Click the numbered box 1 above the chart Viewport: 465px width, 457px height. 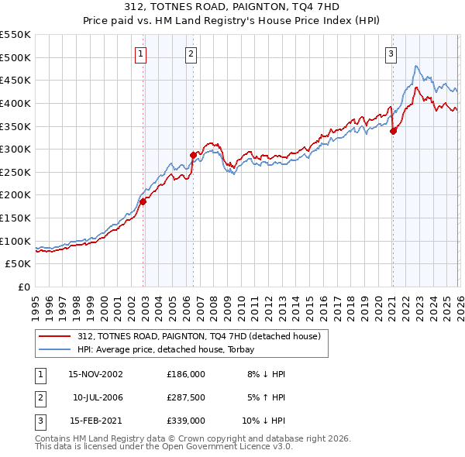tap(140, 53)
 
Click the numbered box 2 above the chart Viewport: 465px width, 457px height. tap(190, 53)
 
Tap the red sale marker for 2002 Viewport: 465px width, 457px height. tap(143, 201)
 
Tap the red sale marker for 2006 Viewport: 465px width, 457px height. tap(193, 155)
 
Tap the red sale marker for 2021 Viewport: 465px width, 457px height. tap(393, 131)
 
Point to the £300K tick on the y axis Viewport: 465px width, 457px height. tap(15, 149)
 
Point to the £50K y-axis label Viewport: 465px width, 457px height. tap(19, 264)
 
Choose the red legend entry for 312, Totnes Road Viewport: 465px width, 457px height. tap(193, 335)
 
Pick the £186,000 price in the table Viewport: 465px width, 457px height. tap(185, 374)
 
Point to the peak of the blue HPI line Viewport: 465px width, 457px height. tap(417, 66)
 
